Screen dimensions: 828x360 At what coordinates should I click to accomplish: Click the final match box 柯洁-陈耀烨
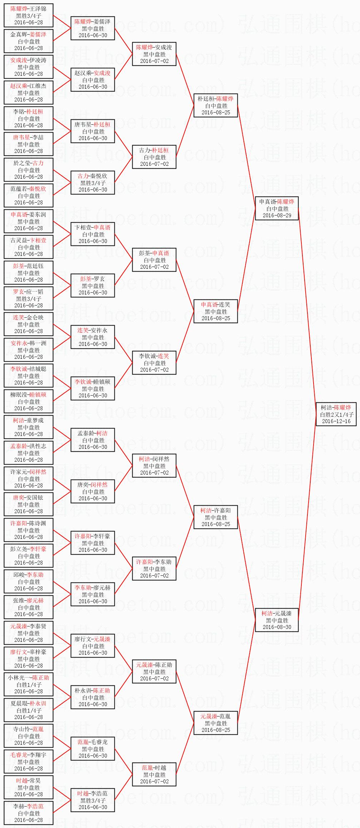(336, 414)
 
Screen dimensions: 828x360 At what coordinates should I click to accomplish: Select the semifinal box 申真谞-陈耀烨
(277, 208)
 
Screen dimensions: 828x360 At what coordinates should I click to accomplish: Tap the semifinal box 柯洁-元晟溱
(277, 620)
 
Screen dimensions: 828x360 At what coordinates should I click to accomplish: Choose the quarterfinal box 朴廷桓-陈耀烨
(216, 105)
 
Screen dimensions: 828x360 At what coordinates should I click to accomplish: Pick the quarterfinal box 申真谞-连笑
(216, 311)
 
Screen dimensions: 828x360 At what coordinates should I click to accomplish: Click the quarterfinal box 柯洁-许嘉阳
(216, 517)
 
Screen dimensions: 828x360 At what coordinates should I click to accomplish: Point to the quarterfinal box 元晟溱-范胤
(216, 723)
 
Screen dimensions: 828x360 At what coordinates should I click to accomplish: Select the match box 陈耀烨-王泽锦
(29, 15)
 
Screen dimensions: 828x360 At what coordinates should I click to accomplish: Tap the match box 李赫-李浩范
(29, 813)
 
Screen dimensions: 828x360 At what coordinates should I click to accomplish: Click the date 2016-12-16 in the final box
(336, 421)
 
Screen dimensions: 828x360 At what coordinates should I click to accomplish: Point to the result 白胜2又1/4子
(336, 414)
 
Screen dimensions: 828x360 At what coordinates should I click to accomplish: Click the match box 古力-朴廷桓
(154, 157)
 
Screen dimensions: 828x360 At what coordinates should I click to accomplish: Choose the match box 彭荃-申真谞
(154, 260)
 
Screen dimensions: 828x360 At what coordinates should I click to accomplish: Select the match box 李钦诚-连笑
(154, 363)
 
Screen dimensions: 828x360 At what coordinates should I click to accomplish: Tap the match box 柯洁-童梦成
(29, 427)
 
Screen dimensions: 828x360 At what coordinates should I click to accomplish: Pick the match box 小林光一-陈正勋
(29, 684)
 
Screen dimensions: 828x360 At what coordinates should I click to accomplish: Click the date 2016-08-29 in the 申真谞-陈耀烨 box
(277, 215)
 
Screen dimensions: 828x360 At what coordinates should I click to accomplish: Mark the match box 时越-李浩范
(93, 800)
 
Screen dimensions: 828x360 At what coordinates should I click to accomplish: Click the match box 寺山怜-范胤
(29, 736)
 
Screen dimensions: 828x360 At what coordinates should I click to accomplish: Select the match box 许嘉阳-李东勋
(154, 569)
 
